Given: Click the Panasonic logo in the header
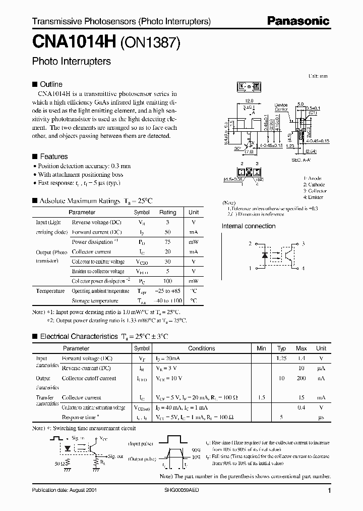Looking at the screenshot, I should coord(298,22).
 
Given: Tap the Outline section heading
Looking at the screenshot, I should coord(51,84).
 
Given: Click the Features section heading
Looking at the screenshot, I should coord(53,157).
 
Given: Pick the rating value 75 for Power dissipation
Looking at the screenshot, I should coord(167,242).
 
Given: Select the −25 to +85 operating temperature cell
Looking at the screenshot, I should coord(167,291).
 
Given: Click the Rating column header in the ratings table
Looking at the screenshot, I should coord(167,213).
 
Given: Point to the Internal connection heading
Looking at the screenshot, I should coord(249,226).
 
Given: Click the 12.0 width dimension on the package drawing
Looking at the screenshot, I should coord(249,101).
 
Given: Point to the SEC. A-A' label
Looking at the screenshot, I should coord(301,160).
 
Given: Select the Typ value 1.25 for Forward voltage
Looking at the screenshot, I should coord(281,358).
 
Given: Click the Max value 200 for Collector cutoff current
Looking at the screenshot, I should coord(301,378).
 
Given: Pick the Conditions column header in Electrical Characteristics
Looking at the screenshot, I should coord(202,348).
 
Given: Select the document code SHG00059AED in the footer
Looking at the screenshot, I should coord(183,490).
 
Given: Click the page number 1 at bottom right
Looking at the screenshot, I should coord(329,491).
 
